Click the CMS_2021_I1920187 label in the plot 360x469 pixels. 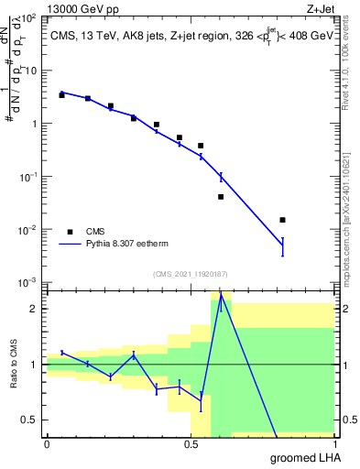coord(189,274)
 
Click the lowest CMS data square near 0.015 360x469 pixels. coord(282,220)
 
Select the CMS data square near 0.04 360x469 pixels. coord(221,196)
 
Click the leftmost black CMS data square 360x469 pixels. coord(61,94)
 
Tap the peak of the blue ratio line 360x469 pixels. coord(221,296)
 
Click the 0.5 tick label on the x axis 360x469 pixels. coord(191,444)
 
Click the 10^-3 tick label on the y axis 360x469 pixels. coord(27,281)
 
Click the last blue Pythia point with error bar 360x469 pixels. coord(282,245)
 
